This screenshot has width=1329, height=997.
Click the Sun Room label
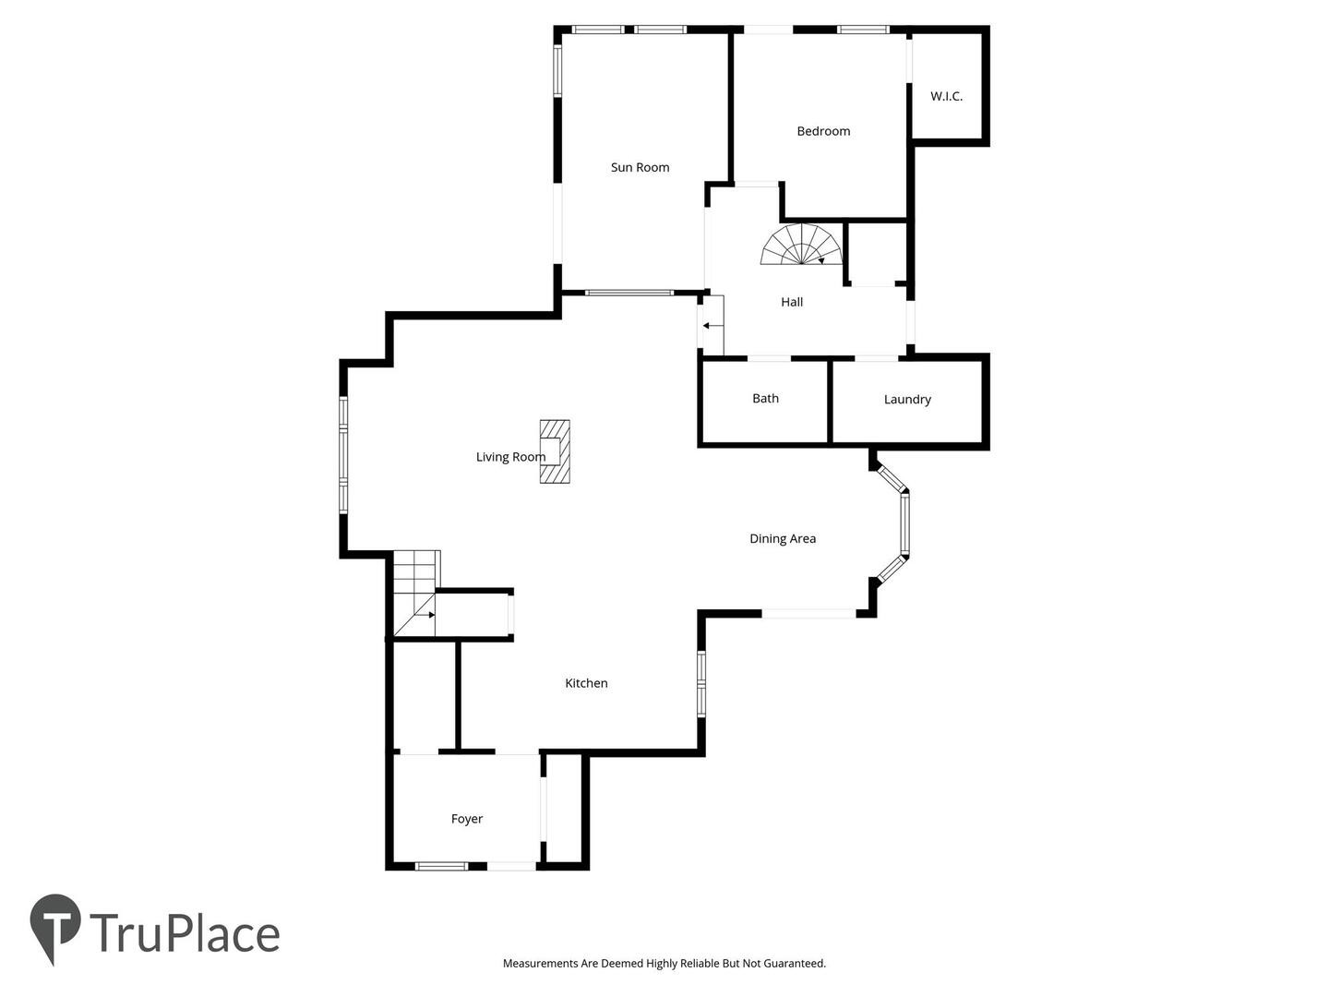[x=640, y=167]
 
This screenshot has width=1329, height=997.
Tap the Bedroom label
[x=823, y=131]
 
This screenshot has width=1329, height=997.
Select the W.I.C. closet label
[x=946, y=96]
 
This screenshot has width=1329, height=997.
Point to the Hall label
[x=791, y=302]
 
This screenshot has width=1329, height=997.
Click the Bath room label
[x=765, y=398]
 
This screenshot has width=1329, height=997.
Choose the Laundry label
[x=907, y=399]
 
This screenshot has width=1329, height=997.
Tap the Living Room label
[x=510, y=457]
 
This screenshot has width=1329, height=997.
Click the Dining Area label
[x=783, y=538]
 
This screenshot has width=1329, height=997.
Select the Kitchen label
[x=585, y=683]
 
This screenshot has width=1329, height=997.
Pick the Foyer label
[x=466, y=819]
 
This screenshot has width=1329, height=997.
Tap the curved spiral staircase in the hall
[x=801, y=244]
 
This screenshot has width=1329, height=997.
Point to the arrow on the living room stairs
[x=425, y=615]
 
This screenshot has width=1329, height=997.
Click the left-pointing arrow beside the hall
[x=712, y=326]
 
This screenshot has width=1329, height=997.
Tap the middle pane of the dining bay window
[x=904, y=523]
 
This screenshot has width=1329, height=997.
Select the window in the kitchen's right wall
[x=700, y=683]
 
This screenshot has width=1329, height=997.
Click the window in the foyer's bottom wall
[x=441, y=866]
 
